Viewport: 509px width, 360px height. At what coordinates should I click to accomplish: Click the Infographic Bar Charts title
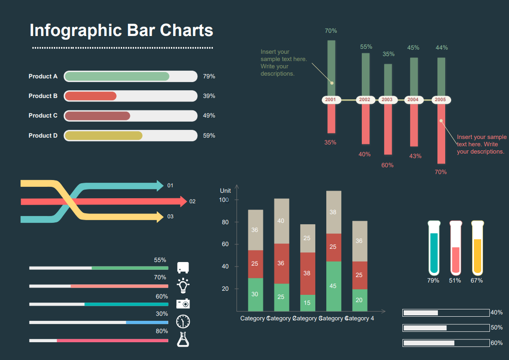pos(121,31)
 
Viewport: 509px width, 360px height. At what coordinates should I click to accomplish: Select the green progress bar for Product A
pos(117,77)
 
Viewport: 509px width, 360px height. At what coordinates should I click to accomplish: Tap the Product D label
pos(43,135)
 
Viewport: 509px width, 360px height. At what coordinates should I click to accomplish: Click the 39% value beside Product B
pos(209,96)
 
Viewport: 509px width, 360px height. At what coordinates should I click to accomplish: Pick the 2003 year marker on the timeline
pos(387,99)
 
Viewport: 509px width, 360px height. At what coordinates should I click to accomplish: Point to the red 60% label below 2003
pos(387,165)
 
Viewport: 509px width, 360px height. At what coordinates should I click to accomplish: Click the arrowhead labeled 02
pos(183,201)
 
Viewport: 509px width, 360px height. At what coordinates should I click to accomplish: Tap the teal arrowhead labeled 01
pos(160,185)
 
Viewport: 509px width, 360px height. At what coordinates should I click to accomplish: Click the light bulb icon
pos(183,285)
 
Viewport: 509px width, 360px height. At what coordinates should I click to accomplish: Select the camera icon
pos(183,303)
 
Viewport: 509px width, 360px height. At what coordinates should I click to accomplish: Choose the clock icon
pos(183,322)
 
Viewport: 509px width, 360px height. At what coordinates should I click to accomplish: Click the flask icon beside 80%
pos(183,339)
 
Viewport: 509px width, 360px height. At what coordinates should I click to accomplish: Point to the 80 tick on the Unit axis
pos(225,222)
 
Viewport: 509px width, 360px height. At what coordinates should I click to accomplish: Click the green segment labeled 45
pos(334,286)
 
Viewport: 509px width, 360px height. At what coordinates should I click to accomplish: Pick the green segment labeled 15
pos(307,303)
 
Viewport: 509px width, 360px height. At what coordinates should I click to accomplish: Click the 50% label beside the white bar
pos(497,328)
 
